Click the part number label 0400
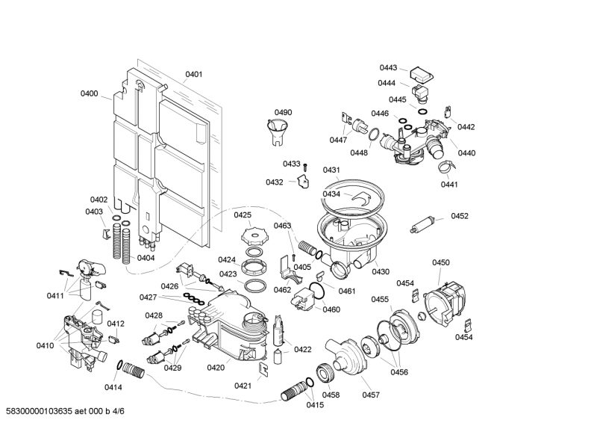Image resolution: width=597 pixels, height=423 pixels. [90, 93]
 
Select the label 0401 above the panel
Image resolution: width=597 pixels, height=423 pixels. [194, 74]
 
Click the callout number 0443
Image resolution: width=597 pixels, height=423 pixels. [388, 67]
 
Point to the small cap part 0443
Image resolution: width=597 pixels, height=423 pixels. [423, 74]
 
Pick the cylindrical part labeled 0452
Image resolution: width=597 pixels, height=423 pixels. [423, 223]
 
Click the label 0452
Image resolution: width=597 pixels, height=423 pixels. [460, 216]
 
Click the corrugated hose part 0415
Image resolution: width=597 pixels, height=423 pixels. [296, 391]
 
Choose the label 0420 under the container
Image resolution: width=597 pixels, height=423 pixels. [216, 368]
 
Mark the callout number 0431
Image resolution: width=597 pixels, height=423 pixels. [331, 170]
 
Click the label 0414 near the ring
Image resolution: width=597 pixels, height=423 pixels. [113, 387]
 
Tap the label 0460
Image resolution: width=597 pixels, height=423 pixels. [331, 309]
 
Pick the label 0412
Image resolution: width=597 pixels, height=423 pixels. [116, 324]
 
